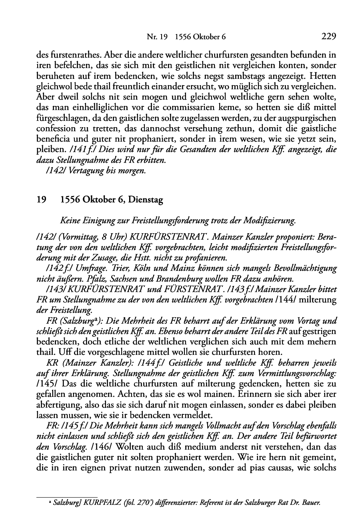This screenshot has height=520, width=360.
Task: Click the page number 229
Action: [x=328, y=37]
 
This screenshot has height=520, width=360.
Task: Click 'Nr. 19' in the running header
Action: [x=156, y=38]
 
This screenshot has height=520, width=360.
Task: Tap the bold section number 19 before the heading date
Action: [x=41, y=200]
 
